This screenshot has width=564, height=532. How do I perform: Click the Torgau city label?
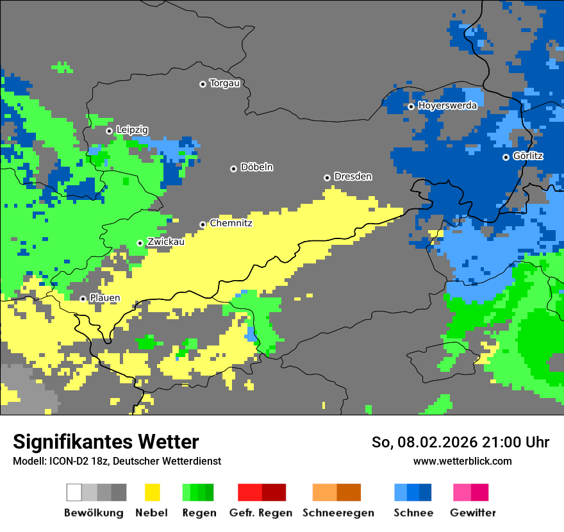coord(224,83)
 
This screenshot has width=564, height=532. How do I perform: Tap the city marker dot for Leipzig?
coord(109,131)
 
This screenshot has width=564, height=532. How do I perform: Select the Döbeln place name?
coord(256,167)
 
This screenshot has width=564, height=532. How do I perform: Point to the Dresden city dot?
coord(327,178)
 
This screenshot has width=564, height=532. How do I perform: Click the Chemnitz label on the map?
coord(231,224)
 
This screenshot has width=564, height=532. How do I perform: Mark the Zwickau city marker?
coord(140,243)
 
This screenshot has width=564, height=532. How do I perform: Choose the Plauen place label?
coord(104,298)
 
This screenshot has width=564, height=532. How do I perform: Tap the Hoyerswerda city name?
coord(447,106)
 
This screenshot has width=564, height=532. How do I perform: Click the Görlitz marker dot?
coord(506,157)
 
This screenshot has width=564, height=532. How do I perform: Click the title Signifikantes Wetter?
coord(106,442)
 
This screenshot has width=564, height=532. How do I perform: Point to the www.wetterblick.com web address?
coord(462,461)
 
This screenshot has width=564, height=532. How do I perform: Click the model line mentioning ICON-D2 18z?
coord(117,461)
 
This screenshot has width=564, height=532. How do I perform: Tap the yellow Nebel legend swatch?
coord(152,492)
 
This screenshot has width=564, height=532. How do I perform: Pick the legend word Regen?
coord(197,513)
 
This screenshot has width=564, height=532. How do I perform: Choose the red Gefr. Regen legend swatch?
coord(249,492)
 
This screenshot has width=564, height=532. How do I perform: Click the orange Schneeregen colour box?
coord(324,492)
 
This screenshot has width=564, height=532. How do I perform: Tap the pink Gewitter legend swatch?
coord(462,492)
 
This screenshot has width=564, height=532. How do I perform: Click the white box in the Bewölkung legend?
coord(74,492)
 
